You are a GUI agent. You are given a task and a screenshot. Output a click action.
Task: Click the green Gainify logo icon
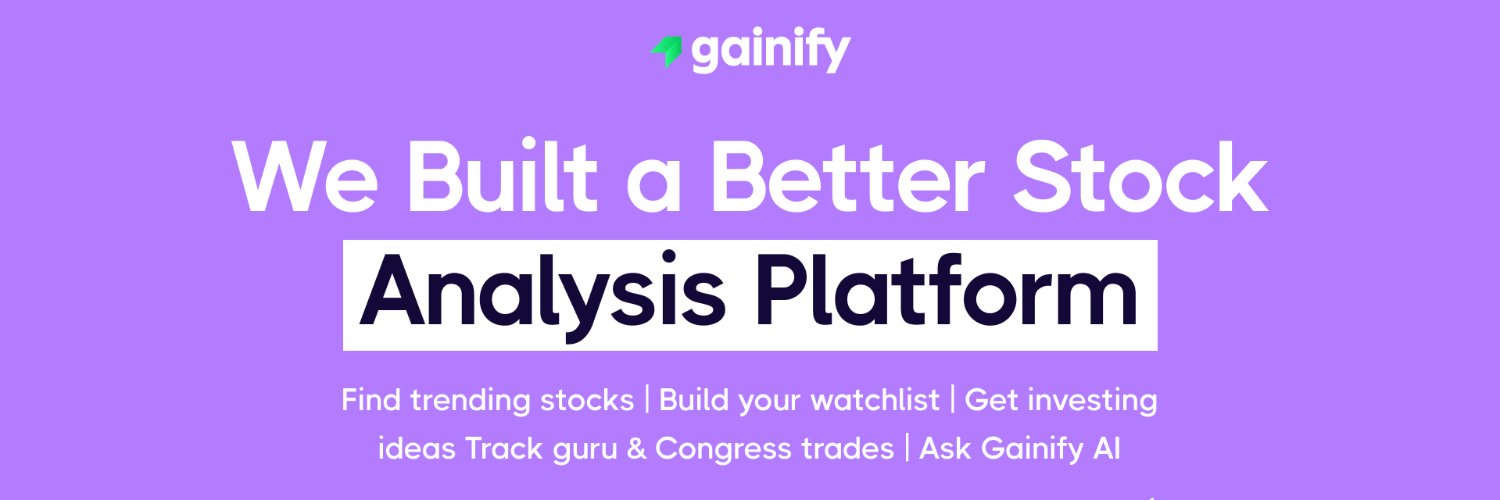[666, 52]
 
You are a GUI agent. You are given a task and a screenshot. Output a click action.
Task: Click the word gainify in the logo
[770, 52]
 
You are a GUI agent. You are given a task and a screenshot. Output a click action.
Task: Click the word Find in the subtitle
[371, 400]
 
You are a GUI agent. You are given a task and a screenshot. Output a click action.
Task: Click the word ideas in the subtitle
[417, 449]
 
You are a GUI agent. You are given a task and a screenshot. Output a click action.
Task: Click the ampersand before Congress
[636, 449]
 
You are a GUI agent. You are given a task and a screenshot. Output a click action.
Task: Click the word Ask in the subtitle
[945, 449]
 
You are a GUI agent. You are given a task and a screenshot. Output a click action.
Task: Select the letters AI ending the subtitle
[1103, 449]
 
